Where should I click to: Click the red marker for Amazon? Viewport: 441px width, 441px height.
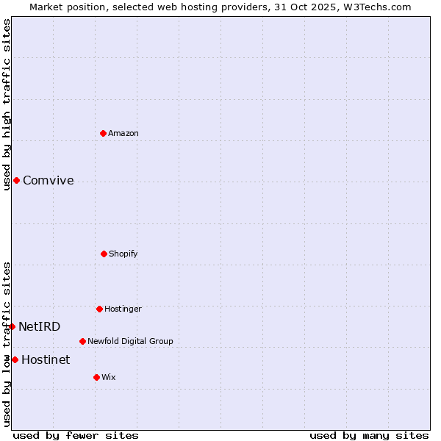[x=104, y=133]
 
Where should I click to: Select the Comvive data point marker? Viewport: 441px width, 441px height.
[x=16, y=180]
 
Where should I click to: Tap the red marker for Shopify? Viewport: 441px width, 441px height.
[x=104, y=254]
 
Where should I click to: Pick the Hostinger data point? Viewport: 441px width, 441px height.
[x=99, y=309]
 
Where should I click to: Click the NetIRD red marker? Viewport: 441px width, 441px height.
[x=12, y=326]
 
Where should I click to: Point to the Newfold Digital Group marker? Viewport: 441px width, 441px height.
[x=82, y=341]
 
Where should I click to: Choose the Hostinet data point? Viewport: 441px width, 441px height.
[x=15, y=359]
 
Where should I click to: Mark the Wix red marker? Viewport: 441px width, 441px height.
[x=96, y=377]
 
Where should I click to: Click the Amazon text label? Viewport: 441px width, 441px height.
[x=123, y=133]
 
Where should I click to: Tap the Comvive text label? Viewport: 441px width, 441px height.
[x=49, y=180]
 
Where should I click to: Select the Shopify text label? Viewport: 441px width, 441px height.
[x=123, y=254]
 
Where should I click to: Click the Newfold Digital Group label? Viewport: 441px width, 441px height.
[x=130, y=341]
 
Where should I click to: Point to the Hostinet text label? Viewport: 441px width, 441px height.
[x=46, y=359]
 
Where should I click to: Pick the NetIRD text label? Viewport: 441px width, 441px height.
[x=40, y=326]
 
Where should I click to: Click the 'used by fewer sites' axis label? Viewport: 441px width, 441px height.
[x=76, y=435]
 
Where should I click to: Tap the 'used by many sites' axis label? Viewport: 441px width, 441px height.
[x=369, y=435]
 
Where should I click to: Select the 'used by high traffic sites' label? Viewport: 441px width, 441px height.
[x=7, y=104]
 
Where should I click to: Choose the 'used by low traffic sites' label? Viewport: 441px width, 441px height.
[x=7, y=344]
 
